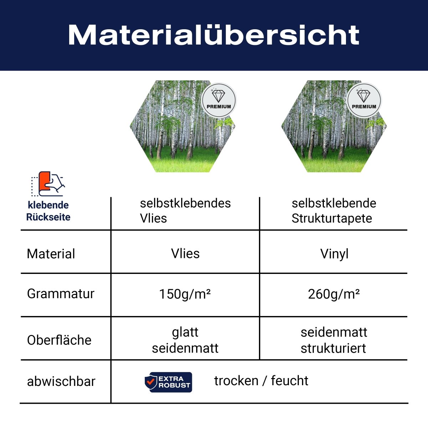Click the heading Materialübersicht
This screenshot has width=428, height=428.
click(x=214, y=35)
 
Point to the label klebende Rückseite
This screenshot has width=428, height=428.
click(x=48, y=211)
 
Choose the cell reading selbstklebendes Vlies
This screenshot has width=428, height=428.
click(x=185, y=210)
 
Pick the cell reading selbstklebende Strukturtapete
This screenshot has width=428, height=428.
click(x=333, y=210)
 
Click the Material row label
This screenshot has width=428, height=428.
click(x=51, y=254)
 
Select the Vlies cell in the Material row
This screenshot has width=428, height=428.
click(x=185, y=254)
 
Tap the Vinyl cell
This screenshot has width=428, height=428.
click(x=334, y=254)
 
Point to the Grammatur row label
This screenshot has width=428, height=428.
click(x=61, y=294)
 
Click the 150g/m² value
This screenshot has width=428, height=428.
click(x=185, y=294)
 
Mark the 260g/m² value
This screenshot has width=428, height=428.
click(x=333, y=294)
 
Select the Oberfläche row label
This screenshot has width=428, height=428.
click(x=59, y=340)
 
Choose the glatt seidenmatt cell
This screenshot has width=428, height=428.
click(x=185, y=340)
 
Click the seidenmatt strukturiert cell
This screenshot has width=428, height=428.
click(x=333, y=340)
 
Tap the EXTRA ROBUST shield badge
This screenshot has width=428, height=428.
click(x=168, y=382)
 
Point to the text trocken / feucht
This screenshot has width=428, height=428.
click(x=261, y=381)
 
